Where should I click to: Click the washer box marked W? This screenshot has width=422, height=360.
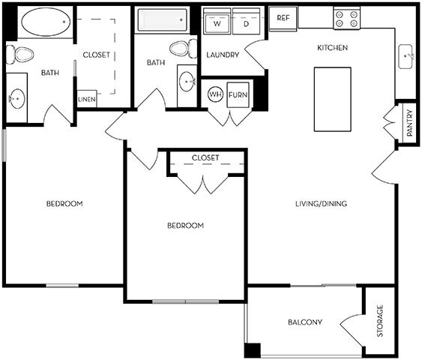point(217,22)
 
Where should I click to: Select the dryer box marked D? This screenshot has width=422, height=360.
point(247,22)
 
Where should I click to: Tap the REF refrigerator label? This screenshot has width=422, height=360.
point(283,17)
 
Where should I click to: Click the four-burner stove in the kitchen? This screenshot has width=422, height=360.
point(346,18)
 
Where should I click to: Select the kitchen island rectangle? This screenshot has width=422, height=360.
point(332,98)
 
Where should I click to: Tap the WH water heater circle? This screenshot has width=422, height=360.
point(215,94)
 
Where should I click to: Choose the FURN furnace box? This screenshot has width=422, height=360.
point(238,94)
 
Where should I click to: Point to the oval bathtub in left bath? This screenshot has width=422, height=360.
point(46,22)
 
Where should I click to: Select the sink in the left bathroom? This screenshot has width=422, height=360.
point(17,97)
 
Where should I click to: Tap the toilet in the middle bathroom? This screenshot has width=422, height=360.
point(180,49)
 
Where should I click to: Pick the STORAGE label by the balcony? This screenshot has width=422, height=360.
point(380,320)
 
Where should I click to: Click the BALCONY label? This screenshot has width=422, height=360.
point(305,323)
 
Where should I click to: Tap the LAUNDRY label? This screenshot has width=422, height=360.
point(223,55)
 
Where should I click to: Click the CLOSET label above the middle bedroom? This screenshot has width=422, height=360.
point(205,157)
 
